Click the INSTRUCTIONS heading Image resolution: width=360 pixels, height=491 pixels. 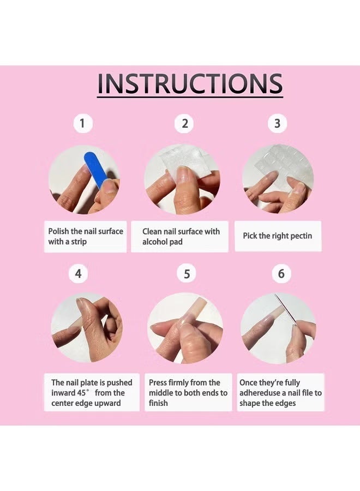[x=190, y=83]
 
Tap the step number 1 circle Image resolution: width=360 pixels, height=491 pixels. [x=83, y=123]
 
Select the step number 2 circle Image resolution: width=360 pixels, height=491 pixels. [x=184, y=123]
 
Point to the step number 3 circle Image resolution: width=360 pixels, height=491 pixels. [x=277, y=123]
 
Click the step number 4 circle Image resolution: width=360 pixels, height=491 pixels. [x=78, y=274]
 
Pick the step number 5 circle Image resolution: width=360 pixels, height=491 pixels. [x=187, y=274]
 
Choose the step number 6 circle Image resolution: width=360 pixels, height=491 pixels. [x=281, y=274]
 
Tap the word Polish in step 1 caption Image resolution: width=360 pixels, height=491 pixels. [x=58, y=231]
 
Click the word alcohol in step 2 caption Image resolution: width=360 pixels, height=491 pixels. [x=155, y=242]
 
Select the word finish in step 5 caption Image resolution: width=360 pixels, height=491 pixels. [x=158, y=403]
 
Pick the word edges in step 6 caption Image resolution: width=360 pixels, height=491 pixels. [x=285, y=403]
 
